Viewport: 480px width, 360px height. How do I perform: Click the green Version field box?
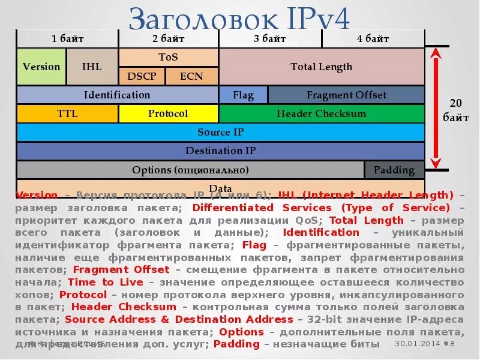click(41, 67)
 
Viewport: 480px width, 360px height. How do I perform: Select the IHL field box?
click(92, 67)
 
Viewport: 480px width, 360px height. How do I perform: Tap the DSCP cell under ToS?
click(141, 76)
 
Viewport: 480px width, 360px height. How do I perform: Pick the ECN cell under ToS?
click(191, 76)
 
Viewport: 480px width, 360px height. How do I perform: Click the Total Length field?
click(322, 67)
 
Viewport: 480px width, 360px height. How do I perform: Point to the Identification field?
click(117, 95)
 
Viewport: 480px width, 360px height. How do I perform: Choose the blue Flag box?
click(243, 95)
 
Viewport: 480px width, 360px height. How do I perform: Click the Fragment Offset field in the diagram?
click(346, 95)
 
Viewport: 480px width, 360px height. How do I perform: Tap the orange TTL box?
click(67, 113)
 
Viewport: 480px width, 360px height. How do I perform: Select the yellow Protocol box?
click(168, 113)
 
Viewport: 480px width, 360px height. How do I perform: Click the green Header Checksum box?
click(322, 113)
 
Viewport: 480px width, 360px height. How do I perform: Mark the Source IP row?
click(221, 132)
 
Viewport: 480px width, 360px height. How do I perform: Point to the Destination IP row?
click(221, 151)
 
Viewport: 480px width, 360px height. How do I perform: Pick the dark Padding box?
click(394, 170)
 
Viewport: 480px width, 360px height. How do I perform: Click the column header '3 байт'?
click(270, 39)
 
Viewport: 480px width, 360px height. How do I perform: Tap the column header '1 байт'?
click(67, 39)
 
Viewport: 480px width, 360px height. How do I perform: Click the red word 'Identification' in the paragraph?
click(321, 232)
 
